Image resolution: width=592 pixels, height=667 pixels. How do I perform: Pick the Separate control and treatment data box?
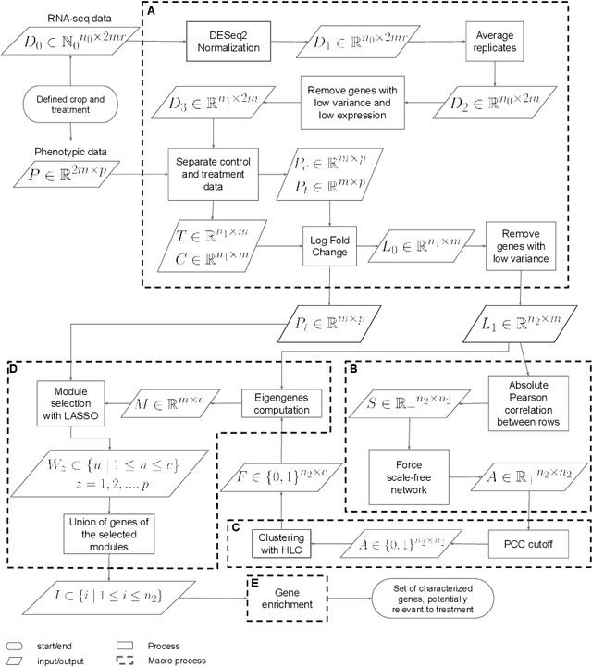pos(215,172)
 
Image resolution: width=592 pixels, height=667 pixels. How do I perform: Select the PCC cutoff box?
pos(532,537)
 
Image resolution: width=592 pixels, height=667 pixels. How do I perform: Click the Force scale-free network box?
pos(410,470)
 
